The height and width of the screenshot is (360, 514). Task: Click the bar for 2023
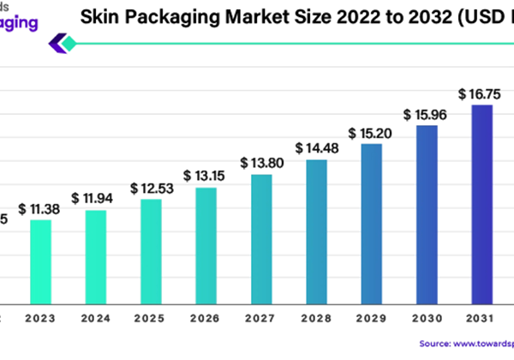click(40, 261)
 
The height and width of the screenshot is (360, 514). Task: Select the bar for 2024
click(96, 256)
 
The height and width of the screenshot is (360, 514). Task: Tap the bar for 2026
click(206, 245)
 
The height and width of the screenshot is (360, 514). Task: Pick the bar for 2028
click(317, 231)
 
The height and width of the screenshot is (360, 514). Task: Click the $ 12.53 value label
click(151, 188)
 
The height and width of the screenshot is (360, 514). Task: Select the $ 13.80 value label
click(261, 162)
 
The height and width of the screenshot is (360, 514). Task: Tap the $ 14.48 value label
click(317, 147)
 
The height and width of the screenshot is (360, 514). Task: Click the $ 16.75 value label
click(482, 93)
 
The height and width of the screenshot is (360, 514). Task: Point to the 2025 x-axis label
click(151, 318)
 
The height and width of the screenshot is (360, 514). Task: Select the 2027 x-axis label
click(261, 318)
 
